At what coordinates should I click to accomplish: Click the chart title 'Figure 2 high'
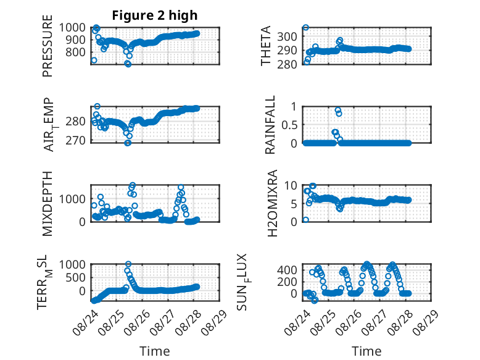point(155,15)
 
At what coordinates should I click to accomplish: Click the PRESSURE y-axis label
point(48,46)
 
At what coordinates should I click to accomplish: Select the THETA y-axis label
point(266,46)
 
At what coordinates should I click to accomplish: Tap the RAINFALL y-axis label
point(270,125)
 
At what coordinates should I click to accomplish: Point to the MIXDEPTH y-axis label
point(48,204)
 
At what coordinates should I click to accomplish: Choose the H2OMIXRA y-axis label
point(272,203)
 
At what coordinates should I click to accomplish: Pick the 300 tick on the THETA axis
point(287,36)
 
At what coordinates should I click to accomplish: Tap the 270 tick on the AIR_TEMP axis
point(75,140)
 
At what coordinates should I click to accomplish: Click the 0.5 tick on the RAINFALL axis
point(289,125)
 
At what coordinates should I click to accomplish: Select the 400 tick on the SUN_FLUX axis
point(287,270)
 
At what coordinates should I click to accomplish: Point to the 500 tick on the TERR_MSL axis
point(75,278)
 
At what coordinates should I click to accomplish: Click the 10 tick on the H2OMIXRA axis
point(291,185)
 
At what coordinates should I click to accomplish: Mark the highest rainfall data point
point(337,111)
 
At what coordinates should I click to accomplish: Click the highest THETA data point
point(305,28)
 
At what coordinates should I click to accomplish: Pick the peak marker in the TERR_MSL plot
point(128,264)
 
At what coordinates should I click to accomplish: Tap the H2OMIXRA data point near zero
point(305,220)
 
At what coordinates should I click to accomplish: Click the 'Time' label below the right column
point(366,351)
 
